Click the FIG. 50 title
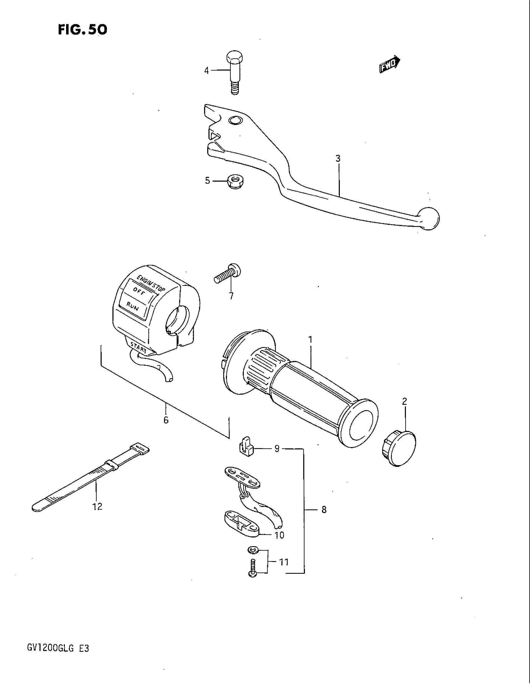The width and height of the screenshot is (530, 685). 83,30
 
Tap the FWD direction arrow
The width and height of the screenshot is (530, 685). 389,65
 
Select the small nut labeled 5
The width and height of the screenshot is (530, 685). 235,182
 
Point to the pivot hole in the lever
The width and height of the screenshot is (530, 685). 235,120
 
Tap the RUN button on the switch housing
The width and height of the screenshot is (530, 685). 133,306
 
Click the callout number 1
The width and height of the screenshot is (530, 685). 310,339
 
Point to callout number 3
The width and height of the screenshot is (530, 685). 338,159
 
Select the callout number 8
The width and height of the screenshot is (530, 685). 324,510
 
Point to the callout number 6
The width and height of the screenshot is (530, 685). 166,420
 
